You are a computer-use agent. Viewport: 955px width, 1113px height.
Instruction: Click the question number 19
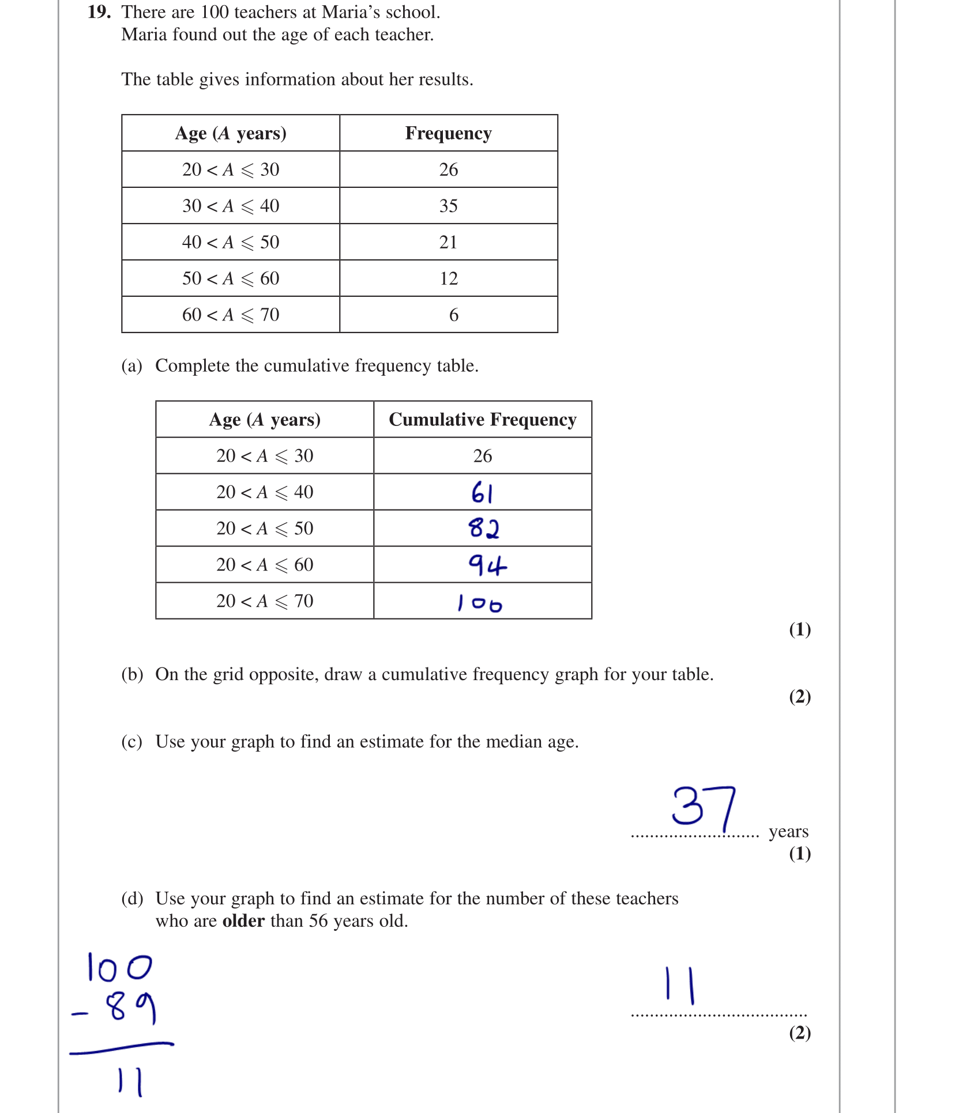(99, 12)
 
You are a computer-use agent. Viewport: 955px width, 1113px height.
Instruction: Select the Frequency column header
(448, 133)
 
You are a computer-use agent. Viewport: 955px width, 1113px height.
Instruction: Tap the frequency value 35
(448, 206)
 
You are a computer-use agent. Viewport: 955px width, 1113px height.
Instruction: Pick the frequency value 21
(448, 242)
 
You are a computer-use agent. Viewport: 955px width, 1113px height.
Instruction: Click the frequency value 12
(448, 278)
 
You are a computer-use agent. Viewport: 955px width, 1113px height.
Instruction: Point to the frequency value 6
(453, 315)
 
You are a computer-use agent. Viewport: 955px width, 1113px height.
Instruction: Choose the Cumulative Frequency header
(482, 420)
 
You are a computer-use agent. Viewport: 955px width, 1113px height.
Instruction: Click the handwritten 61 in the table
(482, 493)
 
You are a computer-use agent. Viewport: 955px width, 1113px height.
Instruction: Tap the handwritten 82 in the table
(483, 528)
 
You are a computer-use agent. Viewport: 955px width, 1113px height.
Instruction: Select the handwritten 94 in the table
(487, 565)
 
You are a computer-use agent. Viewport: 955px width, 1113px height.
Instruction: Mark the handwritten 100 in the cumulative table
(480, 603)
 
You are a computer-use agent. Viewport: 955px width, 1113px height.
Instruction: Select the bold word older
(243, 921)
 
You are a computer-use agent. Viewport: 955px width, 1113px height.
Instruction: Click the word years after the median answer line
(788, 832)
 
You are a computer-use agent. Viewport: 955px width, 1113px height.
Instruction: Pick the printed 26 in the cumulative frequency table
(482, 456)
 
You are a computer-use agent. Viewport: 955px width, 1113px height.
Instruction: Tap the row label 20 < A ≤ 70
(265, 601)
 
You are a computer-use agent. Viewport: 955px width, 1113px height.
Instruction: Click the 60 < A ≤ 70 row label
(231, 315)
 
